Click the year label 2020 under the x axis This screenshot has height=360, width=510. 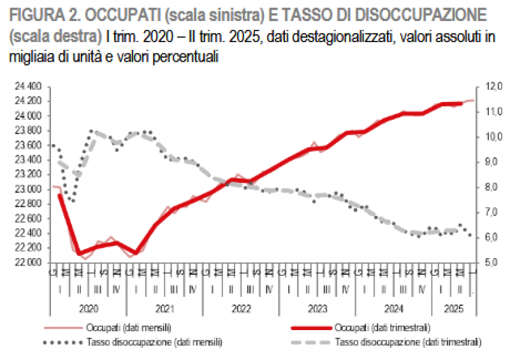pyautogui.click(x=89, y=308)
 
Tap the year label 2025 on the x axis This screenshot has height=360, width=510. pyautogui.click(x=453, y=308)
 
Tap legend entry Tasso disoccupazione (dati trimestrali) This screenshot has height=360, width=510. pyautogui.click(x=408, y=342)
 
